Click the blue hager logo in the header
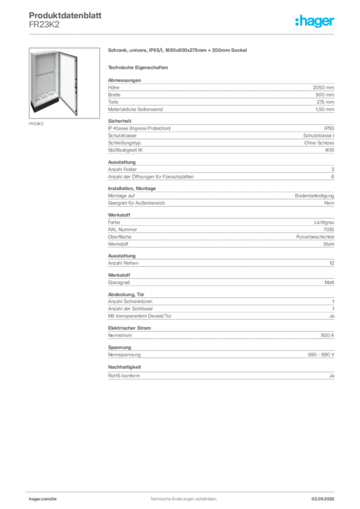pyautogui.click(x=315, y=22)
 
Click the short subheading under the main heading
pyautogui.click(x=139, y=67)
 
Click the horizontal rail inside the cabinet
pyautogui.click(x=45, y=75)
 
